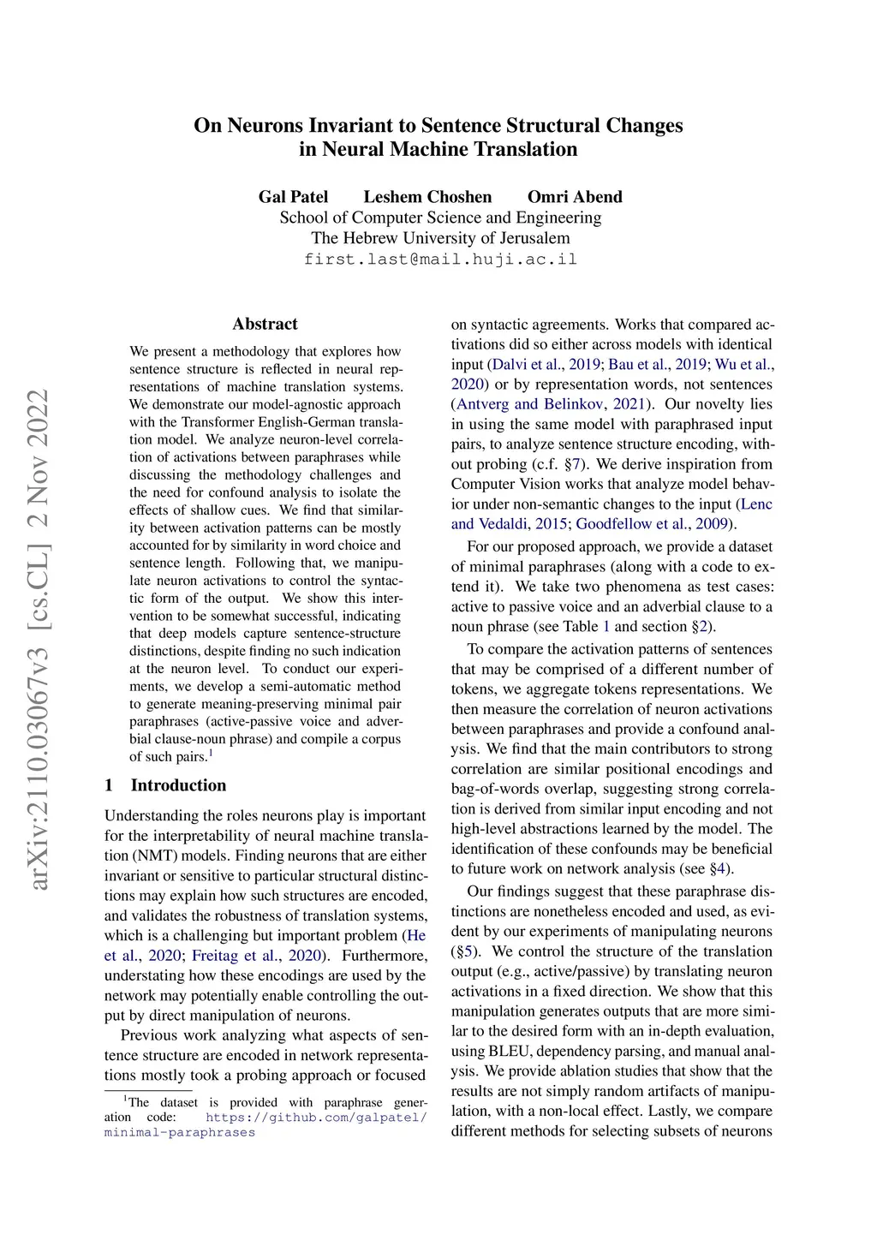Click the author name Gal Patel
point(293,197)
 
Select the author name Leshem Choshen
point(427,197)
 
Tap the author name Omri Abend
point(575,197)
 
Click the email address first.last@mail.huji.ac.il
point(440,259)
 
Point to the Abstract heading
point(265,324)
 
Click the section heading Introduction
point(178,785)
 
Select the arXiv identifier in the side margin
point(39,638)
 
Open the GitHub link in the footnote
point(316,1118)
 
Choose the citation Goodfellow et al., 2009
point(654,524)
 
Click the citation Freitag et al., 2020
point(257,956)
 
